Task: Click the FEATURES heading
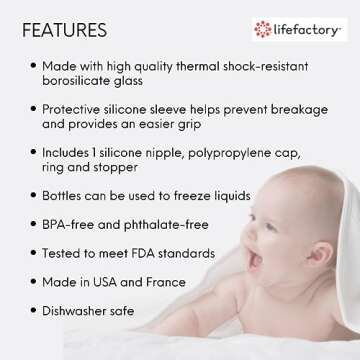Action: point(65,29)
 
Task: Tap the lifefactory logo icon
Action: point(263,29)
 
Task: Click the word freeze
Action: point(187,196)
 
